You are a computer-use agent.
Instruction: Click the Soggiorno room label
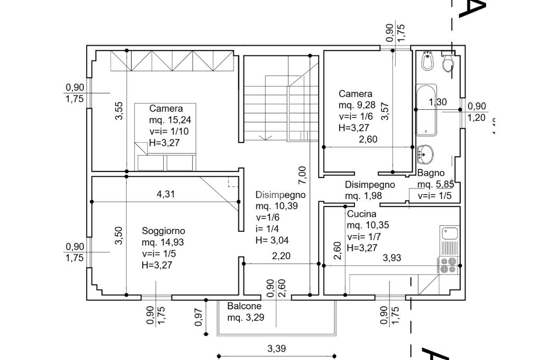[x=164, y=231]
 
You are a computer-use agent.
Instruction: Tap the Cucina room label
[x=361, y=214]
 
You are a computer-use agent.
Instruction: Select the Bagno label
[x=431, y=173]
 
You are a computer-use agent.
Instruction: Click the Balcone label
[x=244, y=306]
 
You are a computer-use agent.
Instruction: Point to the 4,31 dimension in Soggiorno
[x=165, y=194]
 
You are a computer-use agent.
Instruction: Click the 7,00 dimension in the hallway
[x=302, y=175]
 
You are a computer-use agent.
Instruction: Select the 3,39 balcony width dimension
[x=277, y=348]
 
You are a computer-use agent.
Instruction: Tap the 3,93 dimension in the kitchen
[x=392, y=258]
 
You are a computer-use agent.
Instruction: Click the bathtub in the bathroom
[x=426, y=110]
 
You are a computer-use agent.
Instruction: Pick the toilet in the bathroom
[x=448, y=62]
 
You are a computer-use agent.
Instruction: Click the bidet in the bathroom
[x=427, y=61]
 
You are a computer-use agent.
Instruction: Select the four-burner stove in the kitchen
[x=449, y=266]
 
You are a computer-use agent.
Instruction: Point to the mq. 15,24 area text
[x=170, y=120]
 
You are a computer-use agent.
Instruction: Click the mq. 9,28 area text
[x=357, y=105]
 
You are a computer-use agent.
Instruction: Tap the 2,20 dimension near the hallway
[x=281, y=256]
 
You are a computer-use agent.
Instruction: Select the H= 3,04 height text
[x=272, y=240]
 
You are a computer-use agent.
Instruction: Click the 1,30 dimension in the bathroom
[x=437, y=102]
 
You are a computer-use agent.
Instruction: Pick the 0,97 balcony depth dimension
[x=199, y=317]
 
